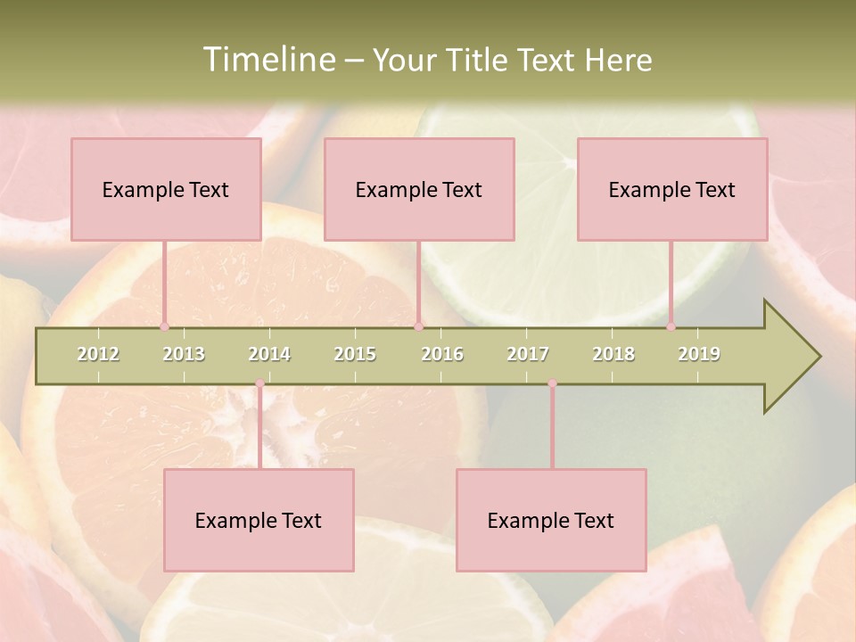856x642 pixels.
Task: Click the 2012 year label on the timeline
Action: point(98,354)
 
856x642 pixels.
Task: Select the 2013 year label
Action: point(184,354)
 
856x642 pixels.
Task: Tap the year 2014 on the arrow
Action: point(269,354)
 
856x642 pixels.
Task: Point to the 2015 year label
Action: point(355,354)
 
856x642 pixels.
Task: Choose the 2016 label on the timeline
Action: point(442,354)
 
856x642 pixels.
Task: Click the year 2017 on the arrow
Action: point(528,354)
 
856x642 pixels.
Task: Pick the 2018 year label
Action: point(613,354)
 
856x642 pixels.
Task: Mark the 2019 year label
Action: point(699,354)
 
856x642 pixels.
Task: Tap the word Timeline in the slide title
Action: point(267,60)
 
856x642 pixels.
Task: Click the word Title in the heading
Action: point(481,60)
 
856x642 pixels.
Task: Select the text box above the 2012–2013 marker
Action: point(166,189)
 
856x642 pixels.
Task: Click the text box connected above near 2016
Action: point(419,189)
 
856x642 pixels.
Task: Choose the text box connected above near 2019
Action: point(672,189)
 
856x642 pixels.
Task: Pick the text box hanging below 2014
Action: point(259,520)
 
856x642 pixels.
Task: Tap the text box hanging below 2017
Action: point(551,520)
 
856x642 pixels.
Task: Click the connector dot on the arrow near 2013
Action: point(164,327)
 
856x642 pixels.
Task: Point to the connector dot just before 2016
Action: point(418,327)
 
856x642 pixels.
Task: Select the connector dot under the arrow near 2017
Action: point(552,383)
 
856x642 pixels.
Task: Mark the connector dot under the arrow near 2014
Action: point(259,383)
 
